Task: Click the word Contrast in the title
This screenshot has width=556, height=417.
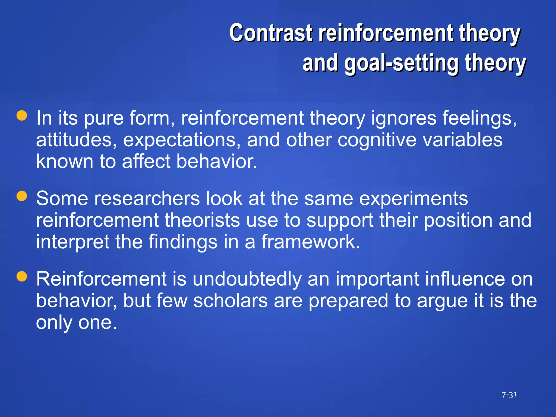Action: [x=271, y=33]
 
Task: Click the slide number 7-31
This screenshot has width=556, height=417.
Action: [x=509, y=395]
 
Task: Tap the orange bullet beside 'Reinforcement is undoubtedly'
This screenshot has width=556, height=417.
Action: [x=22, y=276]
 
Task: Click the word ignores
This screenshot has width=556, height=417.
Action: [x=404, y=118]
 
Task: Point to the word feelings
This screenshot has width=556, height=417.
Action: [x=479, y=118]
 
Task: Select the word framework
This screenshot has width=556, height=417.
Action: [x=311, y=242]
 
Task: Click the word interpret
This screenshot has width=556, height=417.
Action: [x=72, y=242]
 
